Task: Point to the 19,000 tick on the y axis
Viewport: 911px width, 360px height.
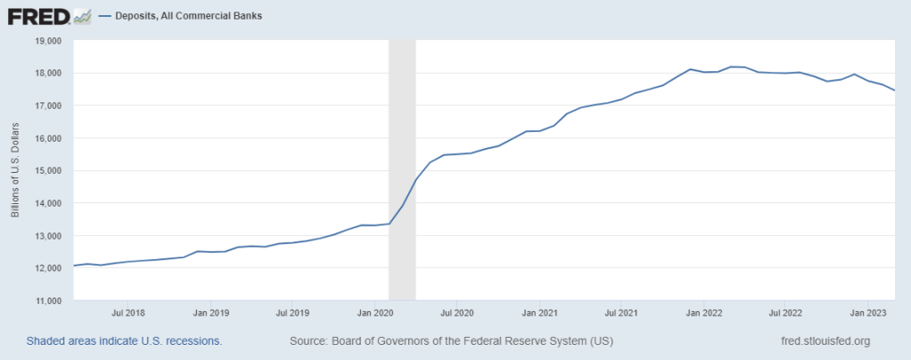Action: (x=47, y=41)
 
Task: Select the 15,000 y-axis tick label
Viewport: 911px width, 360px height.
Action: (x=47, y=170)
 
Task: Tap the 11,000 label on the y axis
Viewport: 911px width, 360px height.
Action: (x=47, y=300)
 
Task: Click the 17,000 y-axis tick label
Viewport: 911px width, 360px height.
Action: (x=47, y=106)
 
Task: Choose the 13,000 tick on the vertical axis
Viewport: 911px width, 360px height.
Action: (x=47, y=235)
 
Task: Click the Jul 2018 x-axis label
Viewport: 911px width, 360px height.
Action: (x=129, y=314)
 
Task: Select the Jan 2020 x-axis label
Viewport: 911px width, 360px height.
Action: (x=375, y=314)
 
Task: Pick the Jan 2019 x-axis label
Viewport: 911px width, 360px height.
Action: (x=211, y=314)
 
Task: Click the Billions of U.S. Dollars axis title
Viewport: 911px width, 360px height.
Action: (x=15, y=170)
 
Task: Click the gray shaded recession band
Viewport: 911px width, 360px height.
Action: (x=402, y=170)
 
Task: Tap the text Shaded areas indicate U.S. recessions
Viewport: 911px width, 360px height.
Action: (x=124, y=341)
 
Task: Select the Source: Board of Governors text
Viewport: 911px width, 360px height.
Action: (x=451, y=341)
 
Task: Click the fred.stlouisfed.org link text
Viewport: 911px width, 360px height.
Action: (x=825, y=341)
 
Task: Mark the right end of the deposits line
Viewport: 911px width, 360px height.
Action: (x=894, y=90)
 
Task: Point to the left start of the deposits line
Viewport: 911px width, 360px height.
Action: (x=74, y=266)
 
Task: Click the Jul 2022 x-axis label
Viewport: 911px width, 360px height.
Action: (x=785, y=314)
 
